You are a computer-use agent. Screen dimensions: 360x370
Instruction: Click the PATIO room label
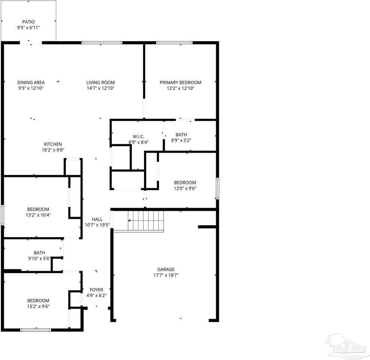click(x=28, y=22)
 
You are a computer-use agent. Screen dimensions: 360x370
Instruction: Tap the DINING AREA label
click(x=31, y=82)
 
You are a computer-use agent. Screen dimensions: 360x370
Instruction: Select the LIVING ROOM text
click(x=100, y=82)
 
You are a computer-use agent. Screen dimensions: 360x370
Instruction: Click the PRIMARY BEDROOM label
click(x=180, y=82)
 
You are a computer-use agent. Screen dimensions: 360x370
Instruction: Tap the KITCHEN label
click(x=53, y=144)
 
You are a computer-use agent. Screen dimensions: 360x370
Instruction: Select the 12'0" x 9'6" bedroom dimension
click(x=185, y=189)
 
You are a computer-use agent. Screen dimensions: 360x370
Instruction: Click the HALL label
click(x=97, y=219)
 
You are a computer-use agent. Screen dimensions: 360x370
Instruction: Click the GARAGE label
click(x=165, y=269)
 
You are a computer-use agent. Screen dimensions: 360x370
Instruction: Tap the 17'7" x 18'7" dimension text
click(x=165, y=275)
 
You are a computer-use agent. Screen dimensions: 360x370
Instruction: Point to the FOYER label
click(x=96, y=289)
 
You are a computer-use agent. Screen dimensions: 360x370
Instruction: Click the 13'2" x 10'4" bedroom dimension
click(x=38, y=215)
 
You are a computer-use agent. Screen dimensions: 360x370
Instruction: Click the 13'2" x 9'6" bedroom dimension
click(x=38, y=306)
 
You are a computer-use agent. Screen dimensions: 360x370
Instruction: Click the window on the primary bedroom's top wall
click(x=174, y=43)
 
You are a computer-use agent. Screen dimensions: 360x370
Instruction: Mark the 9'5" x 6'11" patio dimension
click(x=28, y=28)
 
